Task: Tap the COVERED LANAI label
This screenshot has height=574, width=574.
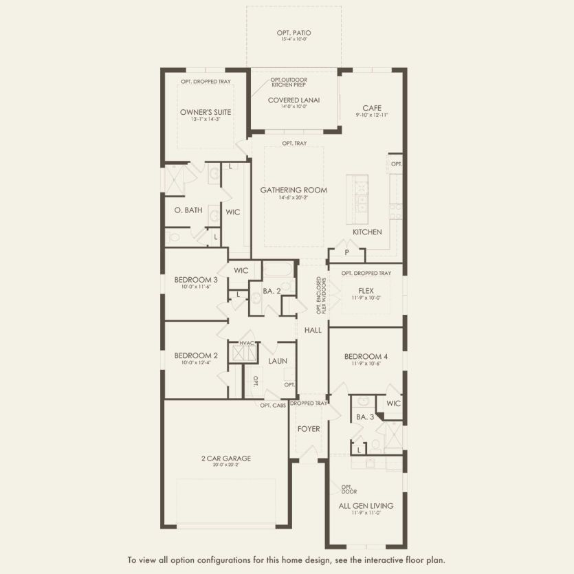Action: tap(294, 100)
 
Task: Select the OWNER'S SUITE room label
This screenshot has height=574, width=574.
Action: tap(206, 111)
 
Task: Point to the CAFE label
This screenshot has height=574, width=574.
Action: tap(372, 108)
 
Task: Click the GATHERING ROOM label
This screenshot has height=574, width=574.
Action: tap(294, 190)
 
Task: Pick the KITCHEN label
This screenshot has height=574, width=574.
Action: tap(367, 232)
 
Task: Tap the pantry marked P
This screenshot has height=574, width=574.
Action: tap(346, 253)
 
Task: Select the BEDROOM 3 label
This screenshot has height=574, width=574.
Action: tap(196, 279)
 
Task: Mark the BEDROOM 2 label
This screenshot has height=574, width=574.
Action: tap(196, 355)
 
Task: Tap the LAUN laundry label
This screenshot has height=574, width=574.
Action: tap(278, 361)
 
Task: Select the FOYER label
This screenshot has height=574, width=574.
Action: tap(309, 429)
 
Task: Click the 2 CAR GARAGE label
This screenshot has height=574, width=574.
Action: tap(226, 459)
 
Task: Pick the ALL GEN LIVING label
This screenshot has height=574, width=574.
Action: tap(366, 506)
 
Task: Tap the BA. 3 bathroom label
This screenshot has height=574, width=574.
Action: tap(364, 417)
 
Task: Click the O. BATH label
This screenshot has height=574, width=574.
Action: tap(188, 210)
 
